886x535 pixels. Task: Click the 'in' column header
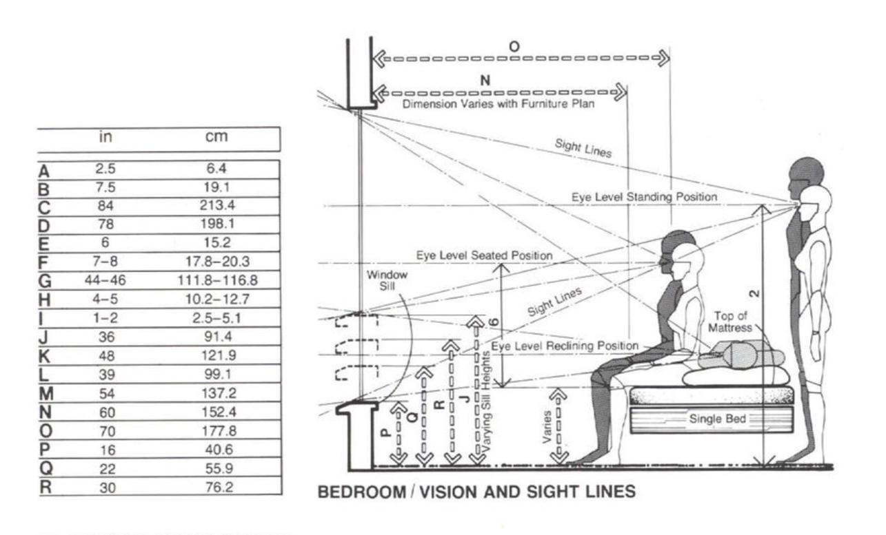coord(105,136)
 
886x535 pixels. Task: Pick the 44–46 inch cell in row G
coord(105,280)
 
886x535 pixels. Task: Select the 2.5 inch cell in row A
coord(105,169)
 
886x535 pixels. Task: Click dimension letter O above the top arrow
coord(514,46)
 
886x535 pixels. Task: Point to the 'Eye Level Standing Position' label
coord(644,197)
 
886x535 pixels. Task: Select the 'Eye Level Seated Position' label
coord(484,255)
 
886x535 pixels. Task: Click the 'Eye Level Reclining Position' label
coord(565,345)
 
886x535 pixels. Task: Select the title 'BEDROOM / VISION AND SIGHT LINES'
coord(476,493)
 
